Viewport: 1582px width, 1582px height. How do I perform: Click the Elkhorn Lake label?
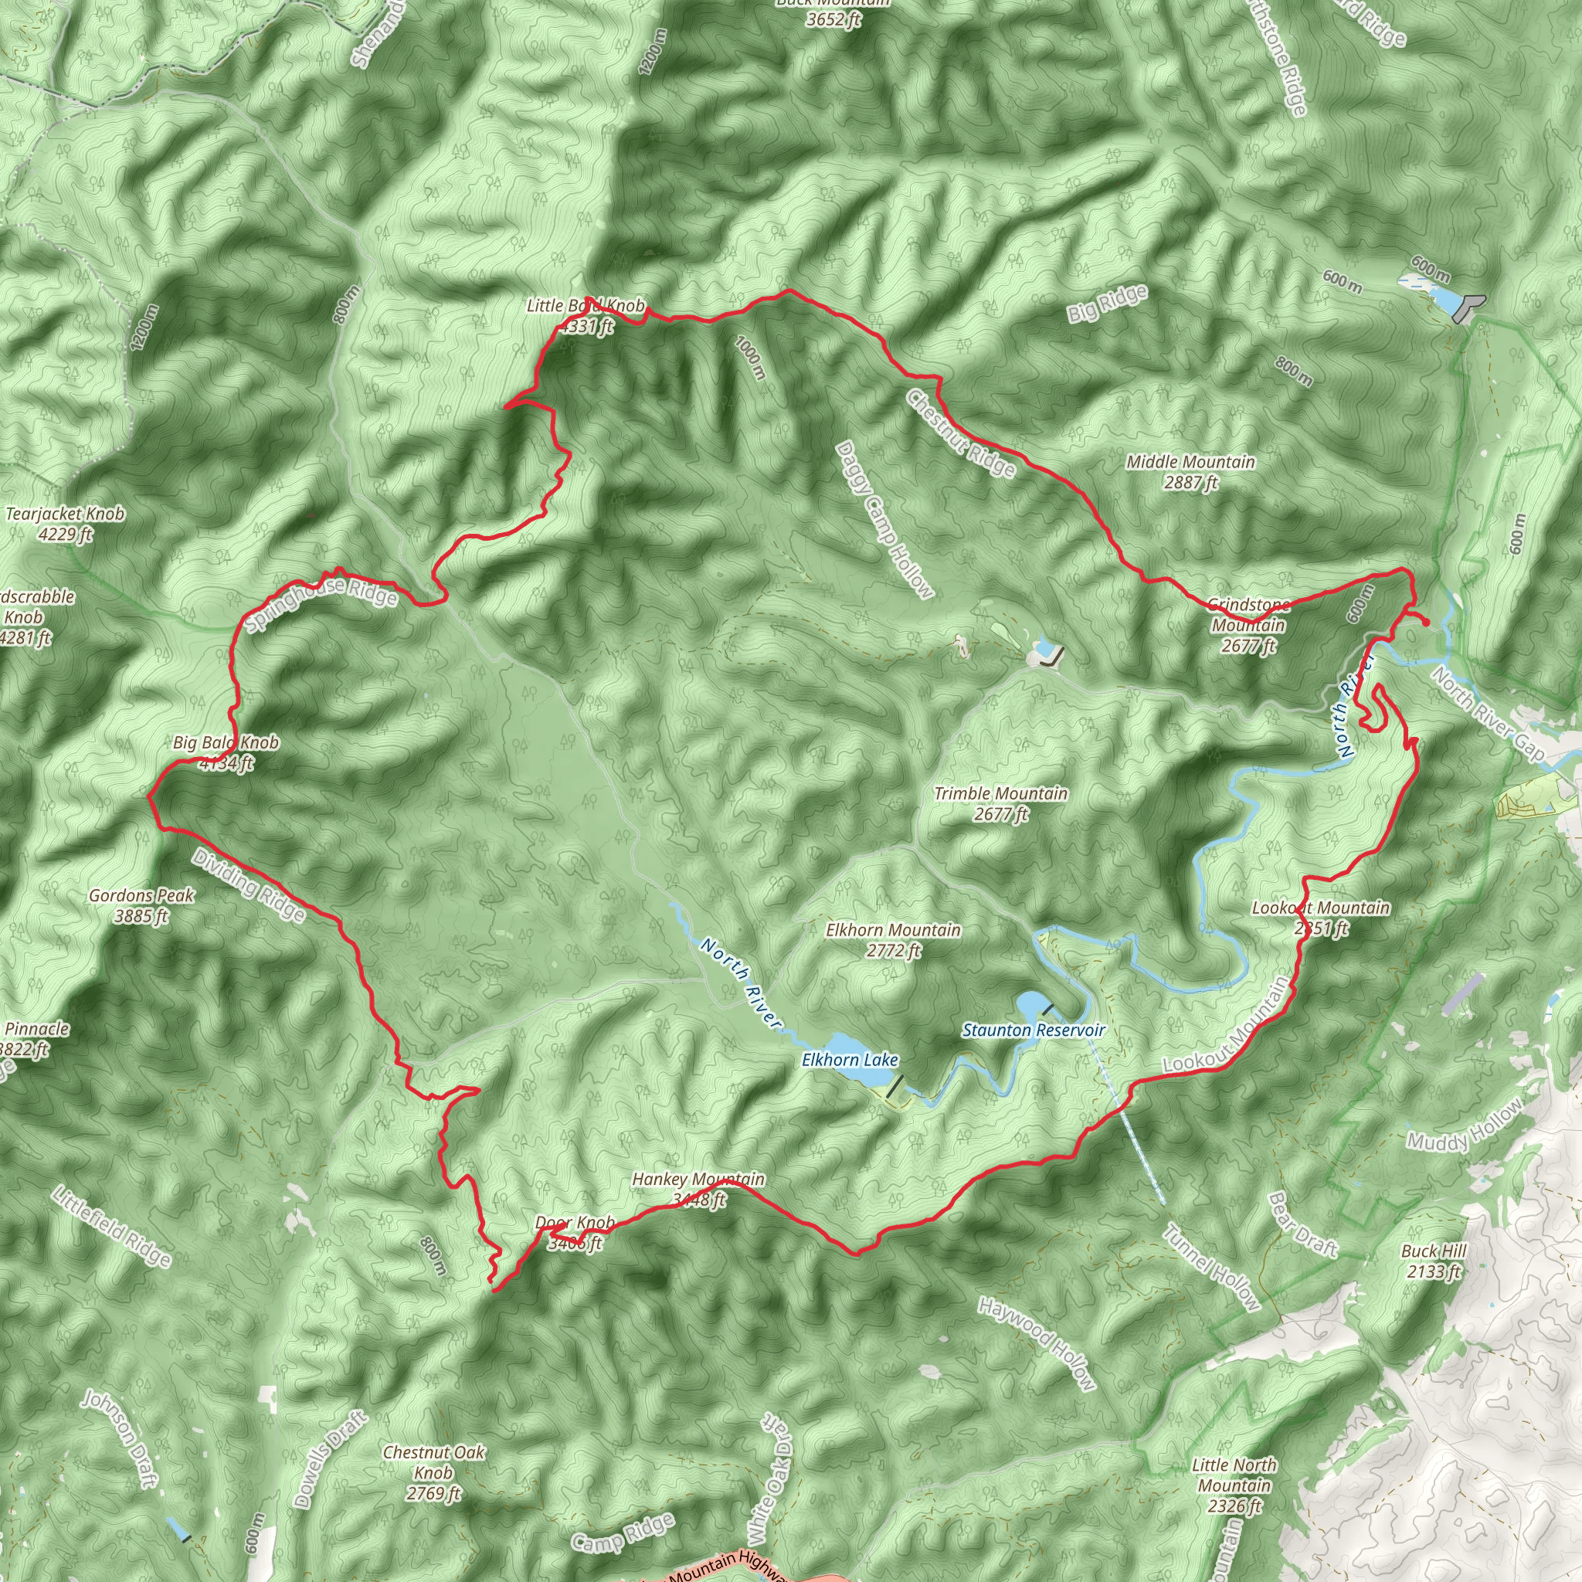pyautogui.click(x=850, y=1061)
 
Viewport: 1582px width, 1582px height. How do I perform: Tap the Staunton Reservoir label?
pyautogui.click(x=1034, y=1030)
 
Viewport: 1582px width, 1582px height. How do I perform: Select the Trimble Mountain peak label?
pyautogui.click(x=1000, y=803)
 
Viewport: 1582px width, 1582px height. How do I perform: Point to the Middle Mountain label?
pyautogui.click(x=1190, y=472)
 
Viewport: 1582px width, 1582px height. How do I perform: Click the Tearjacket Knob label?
pyautogui.click(x=66, y=524)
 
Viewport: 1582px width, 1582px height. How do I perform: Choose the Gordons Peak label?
pyautogui.click(x=141, y=905)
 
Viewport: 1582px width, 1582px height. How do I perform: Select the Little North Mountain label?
pyautogui.click(x=1234, y=1485)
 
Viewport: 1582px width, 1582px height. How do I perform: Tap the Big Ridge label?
pyautogui.click(x=1107, y=303)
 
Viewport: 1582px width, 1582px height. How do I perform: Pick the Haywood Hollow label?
pyautogui.click(x=1036, y=1343)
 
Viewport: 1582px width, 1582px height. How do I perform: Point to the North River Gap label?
pyautogui.click(x=1489, y=713)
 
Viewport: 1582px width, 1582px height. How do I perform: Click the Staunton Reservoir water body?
pyautogui.click(x=1031, y=1004)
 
